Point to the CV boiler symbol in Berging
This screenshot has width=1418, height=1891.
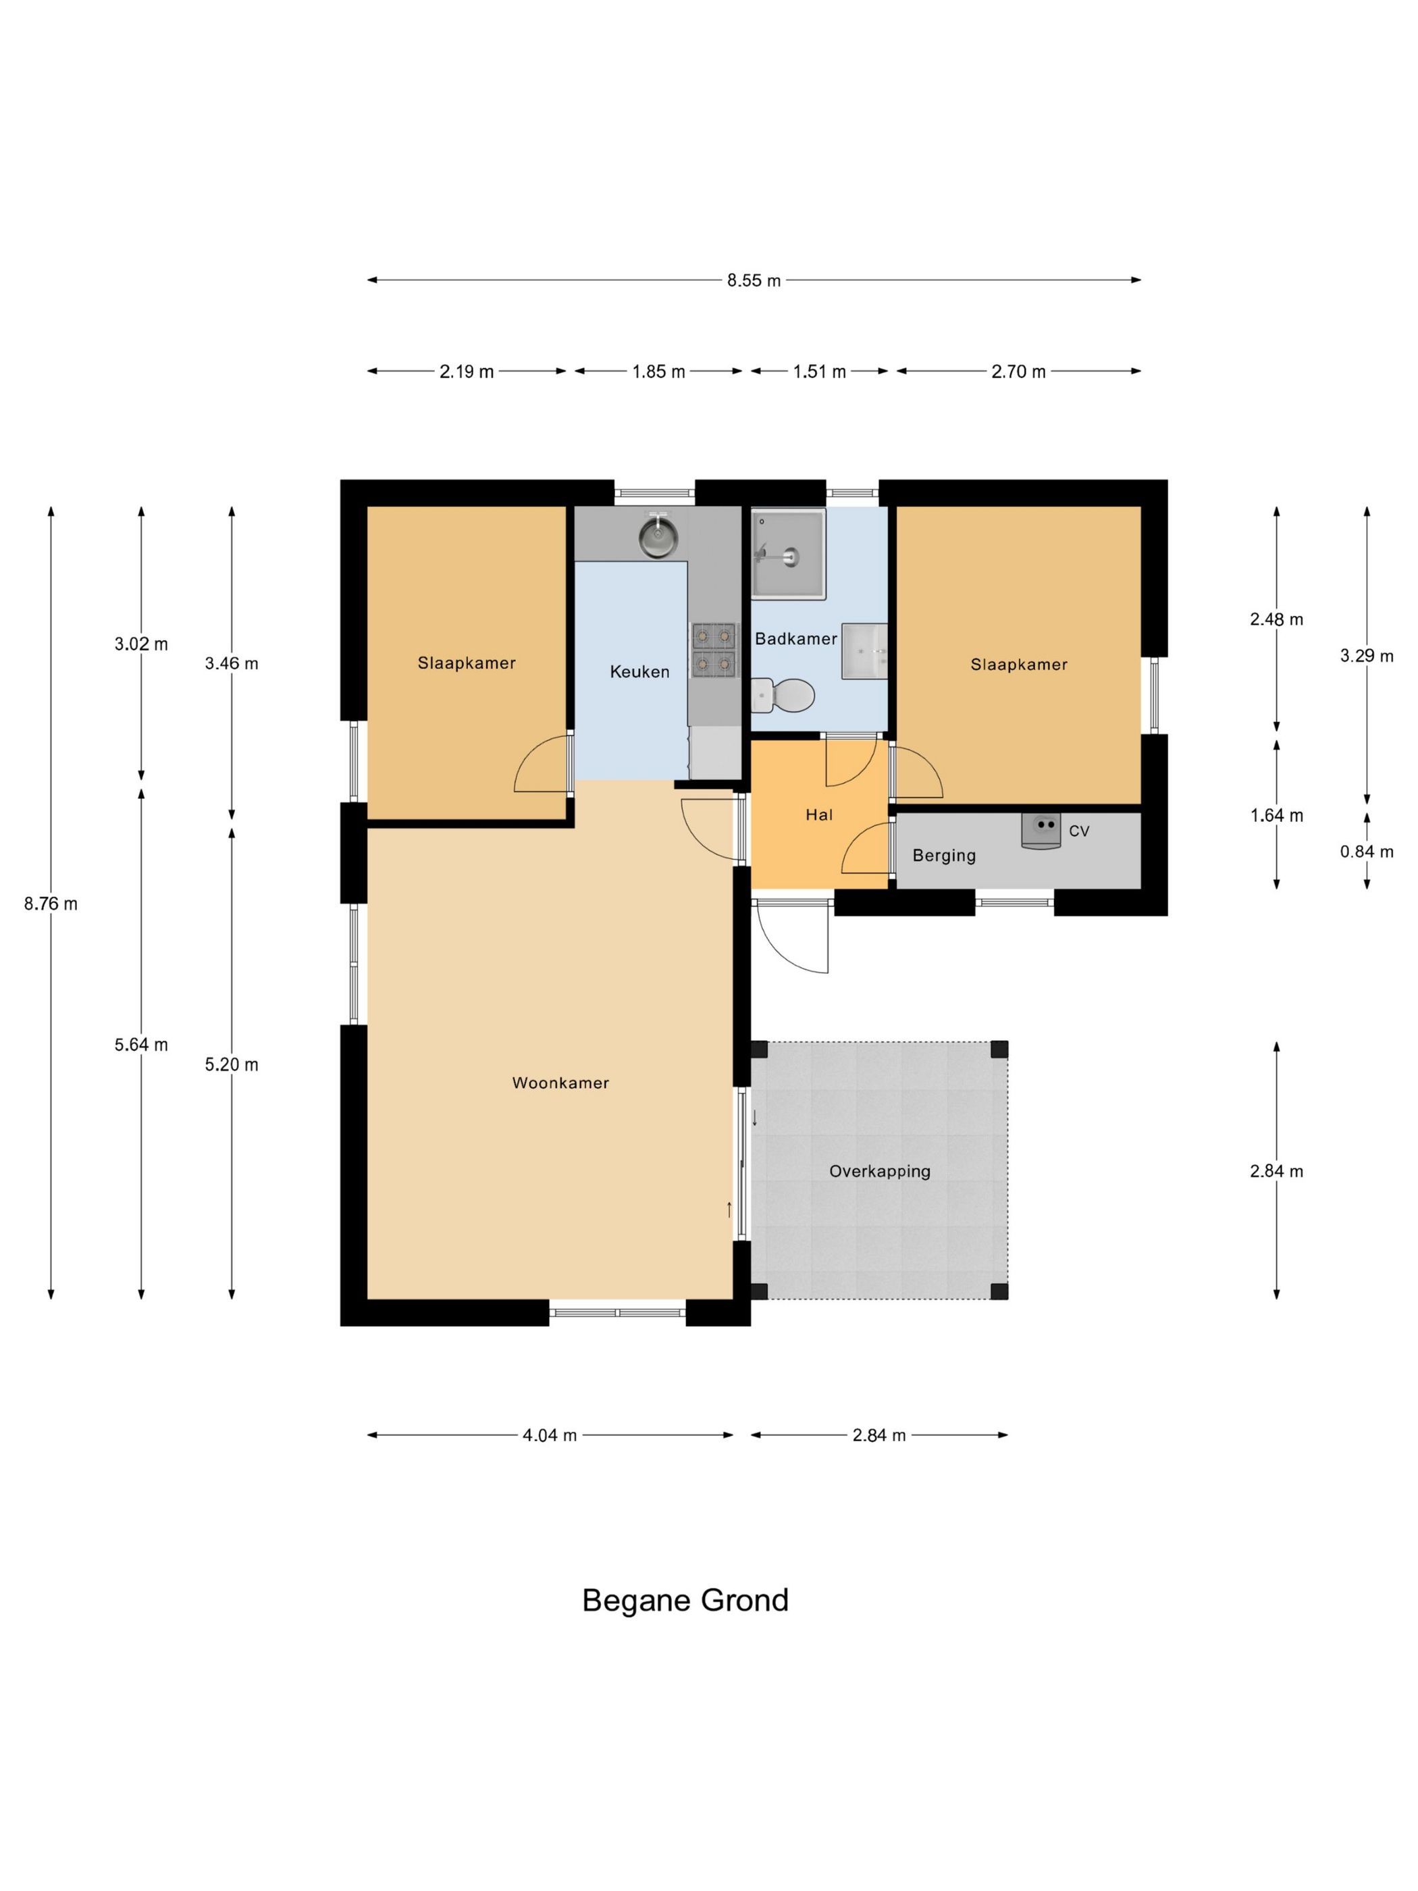point(1042,830)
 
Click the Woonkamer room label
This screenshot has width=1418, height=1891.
point(560,1083)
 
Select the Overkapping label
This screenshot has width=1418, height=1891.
point(880,1171)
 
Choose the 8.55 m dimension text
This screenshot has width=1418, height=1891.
point(754,280)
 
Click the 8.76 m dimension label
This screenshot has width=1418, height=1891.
point(51,904)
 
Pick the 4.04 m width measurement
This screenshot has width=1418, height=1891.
point(550,1435)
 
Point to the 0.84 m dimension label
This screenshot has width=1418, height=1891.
point(1367,852)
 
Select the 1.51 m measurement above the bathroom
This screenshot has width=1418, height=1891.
point(819,372)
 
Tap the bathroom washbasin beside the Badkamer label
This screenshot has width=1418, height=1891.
point(864,652)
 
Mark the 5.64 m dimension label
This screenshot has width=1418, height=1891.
point(141,1045)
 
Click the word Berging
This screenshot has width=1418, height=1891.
point(943,856)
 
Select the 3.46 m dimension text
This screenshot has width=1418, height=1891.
point(232,663)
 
